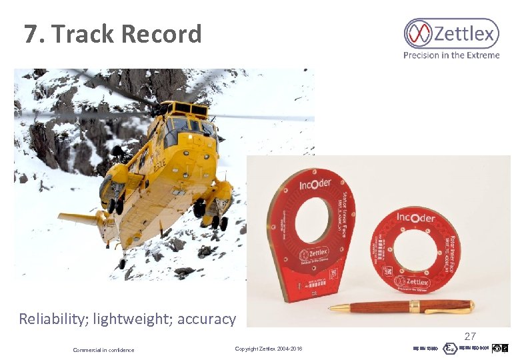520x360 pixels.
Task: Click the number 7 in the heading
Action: point(31,34)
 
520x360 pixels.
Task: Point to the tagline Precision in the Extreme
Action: point(451,55)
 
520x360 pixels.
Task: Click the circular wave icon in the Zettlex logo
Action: point(419,33)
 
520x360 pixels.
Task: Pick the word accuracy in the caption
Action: point(207,319)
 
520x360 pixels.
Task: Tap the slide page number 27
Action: point(470,337)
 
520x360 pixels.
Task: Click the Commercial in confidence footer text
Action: point(103,350)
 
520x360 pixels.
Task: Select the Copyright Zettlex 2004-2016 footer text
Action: point(269,349)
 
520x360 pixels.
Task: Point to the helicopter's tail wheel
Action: point(122,263)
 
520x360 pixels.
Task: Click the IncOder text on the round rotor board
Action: point(416,218)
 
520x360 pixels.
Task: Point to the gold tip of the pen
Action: point(334,308)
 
